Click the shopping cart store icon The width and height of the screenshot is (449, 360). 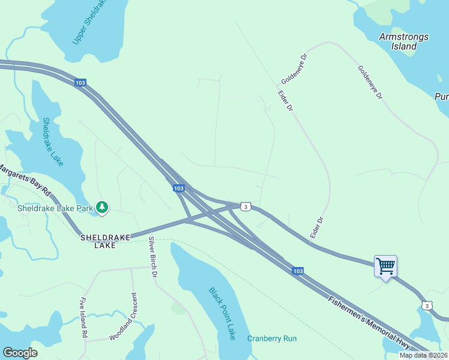pyautogui.click(x=385, y=265)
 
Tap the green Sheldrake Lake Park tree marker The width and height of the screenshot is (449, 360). pyautogui.click(x=103, y=208)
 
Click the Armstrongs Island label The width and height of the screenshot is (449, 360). pyautogui.click(x=404, y=41)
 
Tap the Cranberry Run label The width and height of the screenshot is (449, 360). pyautogui.click(x=272, y=338)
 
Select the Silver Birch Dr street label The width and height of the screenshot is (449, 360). pyautogui.click(x=152, y=257)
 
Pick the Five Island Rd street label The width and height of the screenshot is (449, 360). pyautogui.click(x=84, y=317)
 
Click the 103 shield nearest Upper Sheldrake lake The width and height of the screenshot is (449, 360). pyautogui.click(x=80, y=83)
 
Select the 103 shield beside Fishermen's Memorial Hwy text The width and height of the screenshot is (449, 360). pyautogui.click(x=298, y=271)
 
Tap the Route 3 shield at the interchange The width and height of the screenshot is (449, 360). pyautogui.click(x=245, y=206)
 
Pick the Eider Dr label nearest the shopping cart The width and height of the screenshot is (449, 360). pyautogui.click(x=316, y=229)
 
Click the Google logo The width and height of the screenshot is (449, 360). pyautogui.click(x=20, y=353)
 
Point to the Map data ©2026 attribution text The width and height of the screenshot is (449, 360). pyautogui.click(x=423, y=355)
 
